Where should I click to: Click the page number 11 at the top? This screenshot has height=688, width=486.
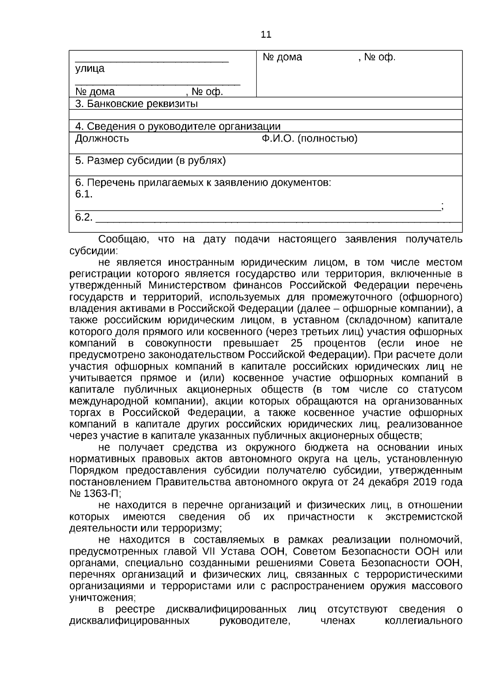266,34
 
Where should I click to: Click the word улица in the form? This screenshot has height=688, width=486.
90,69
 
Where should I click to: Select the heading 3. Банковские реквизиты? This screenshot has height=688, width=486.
136,104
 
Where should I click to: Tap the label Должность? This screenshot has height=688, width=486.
102,139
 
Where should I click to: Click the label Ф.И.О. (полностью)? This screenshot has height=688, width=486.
309,139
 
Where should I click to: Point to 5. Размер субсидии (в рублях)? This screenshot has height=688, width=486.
150,161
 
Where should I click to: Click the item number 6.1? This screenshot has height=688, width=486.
84,195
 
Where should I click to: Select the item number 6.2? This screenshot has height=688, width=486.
84,218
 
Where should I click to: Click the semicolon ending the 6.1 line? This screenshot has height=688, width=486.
443,206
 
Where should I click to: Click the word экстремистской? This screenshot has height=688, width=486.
424,517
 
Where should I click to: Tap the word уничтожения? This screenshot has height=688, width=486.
102,598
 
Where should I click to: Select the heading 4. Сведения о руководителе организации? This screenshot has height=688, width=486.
178,126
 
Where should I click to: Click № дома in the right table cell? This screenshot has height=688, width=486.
282,57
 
